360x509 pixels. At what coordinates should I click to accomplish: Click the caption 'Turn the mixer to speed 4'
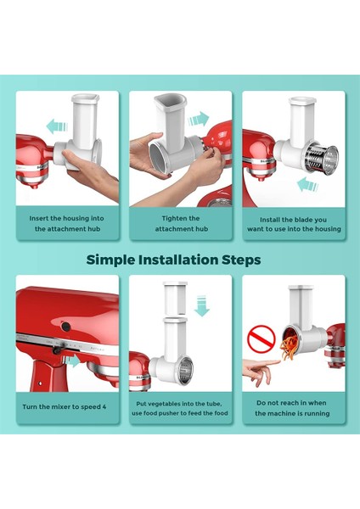point(65,406)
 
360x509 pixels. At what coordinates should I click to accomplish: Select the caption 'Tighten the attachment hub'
point(179,223)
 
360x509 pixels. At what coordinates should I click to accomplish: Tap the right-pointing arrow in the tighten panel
point(199,117)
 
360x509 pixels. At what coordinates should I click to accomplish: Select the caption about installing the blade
point(293,223)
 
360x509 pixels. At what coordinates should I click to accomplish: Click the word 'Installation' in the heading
point(179,259)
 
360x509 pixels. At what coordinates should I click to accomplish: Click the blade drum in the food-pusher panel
point(183,367)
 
